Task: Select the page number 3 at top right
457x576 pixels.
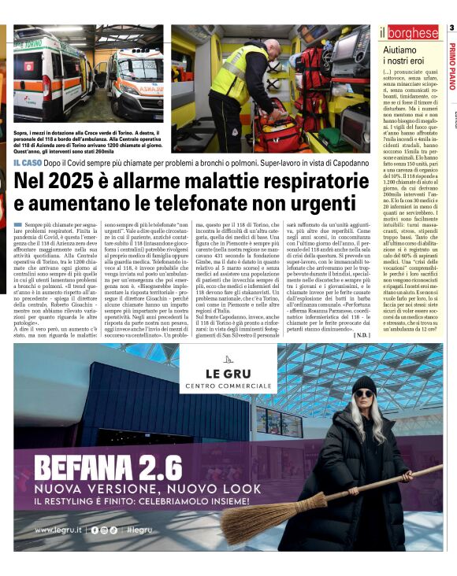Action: [451, 28]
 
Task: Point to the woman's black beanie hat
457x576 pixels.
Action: [364, 384]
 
